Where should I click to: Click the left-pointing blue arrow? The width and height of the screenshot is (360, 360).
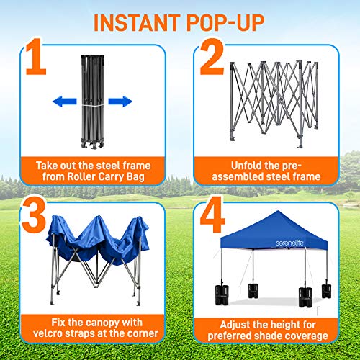pyautogui.click(x=65, y=102)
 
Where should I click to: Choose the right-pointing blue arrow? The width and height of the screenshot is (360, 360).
pyautogui.click(x=120, y=102)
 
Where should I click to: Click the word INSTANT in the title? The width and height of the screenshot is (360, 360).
pyautogui.click(x=137, y=23)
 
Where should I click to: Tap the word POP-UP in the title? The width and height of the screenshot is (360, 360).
pyautogui.click(x=225, y=23)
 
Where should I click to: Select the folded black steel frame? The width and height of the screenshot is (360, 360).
pyautogui.click(x=93, y=102)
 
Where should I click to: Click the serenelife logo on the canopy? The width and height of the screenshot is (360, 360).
pyautogui.click(x=289, y=243)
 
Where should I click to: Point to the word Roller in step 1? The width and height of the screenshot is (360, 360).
pyautogui.click(x=81, y=176)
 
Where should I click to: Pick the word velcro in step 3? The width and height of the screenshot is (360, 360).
pyautogui.click(x=48, y=333)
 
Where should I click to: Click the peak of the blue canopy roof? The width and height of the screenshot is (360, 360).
pyautogui.click(x=278, y=212)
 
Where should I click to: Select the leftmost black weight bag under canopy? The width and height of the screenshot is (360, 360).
pyautogui.click(x=222, y=295)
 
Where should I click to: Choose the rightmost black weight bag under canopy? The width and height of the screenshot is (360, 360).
pyautogui.click(x=326, y=291)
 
